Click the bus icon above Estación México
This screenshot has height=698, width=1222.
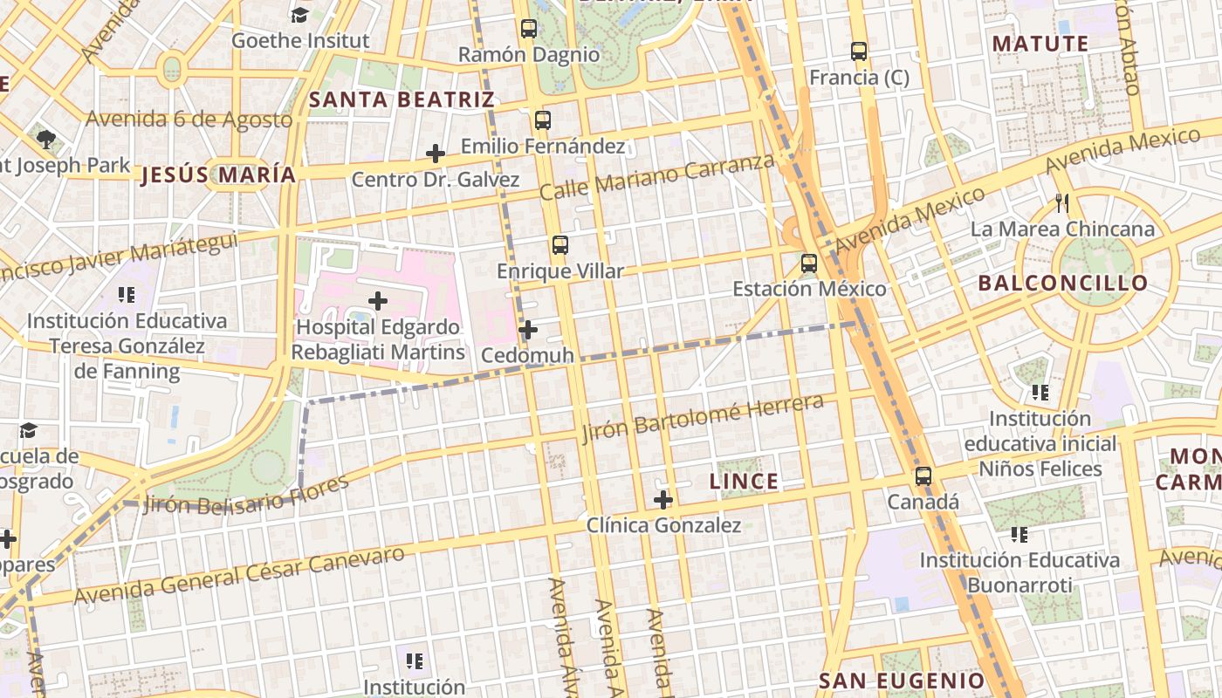809,263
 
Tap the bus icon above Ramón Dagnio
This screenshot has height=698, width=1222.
528,29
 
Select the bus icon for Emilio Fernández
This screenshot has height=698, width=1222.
543,120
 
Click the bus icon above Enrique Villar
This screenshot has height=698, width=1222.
560,245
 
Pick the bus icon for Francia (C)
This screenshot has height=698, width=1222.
859,51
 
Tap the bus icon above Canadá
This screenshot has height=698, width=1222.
923,476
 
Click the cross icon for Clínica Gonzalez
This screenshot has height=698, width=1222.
663,500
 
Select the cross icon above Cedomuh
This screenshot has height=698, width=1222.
527,331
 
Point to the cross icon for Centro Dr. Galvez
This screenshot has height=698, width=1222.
436,154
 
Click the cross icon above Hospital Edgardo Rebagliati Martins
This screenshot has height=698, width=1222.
378,302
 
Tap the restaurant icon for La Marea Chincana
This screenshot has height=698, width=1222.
1062,203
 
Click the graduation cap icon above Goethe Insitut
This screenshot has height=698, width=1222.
299,15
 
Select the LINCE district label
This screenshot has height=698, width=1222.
744,482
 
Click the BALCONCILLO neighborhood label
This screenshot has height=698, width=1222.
1062,284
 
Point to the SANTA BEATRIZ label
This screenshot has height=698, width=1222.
402,99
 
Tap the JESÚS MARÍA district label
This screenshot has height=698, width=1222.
218,175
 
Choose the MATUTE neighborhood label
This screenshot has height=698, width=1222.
1040,44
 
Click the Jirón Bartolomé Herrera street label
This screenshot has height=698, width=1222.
703,418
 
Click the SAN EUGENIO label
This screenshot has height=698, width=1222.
902,681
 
